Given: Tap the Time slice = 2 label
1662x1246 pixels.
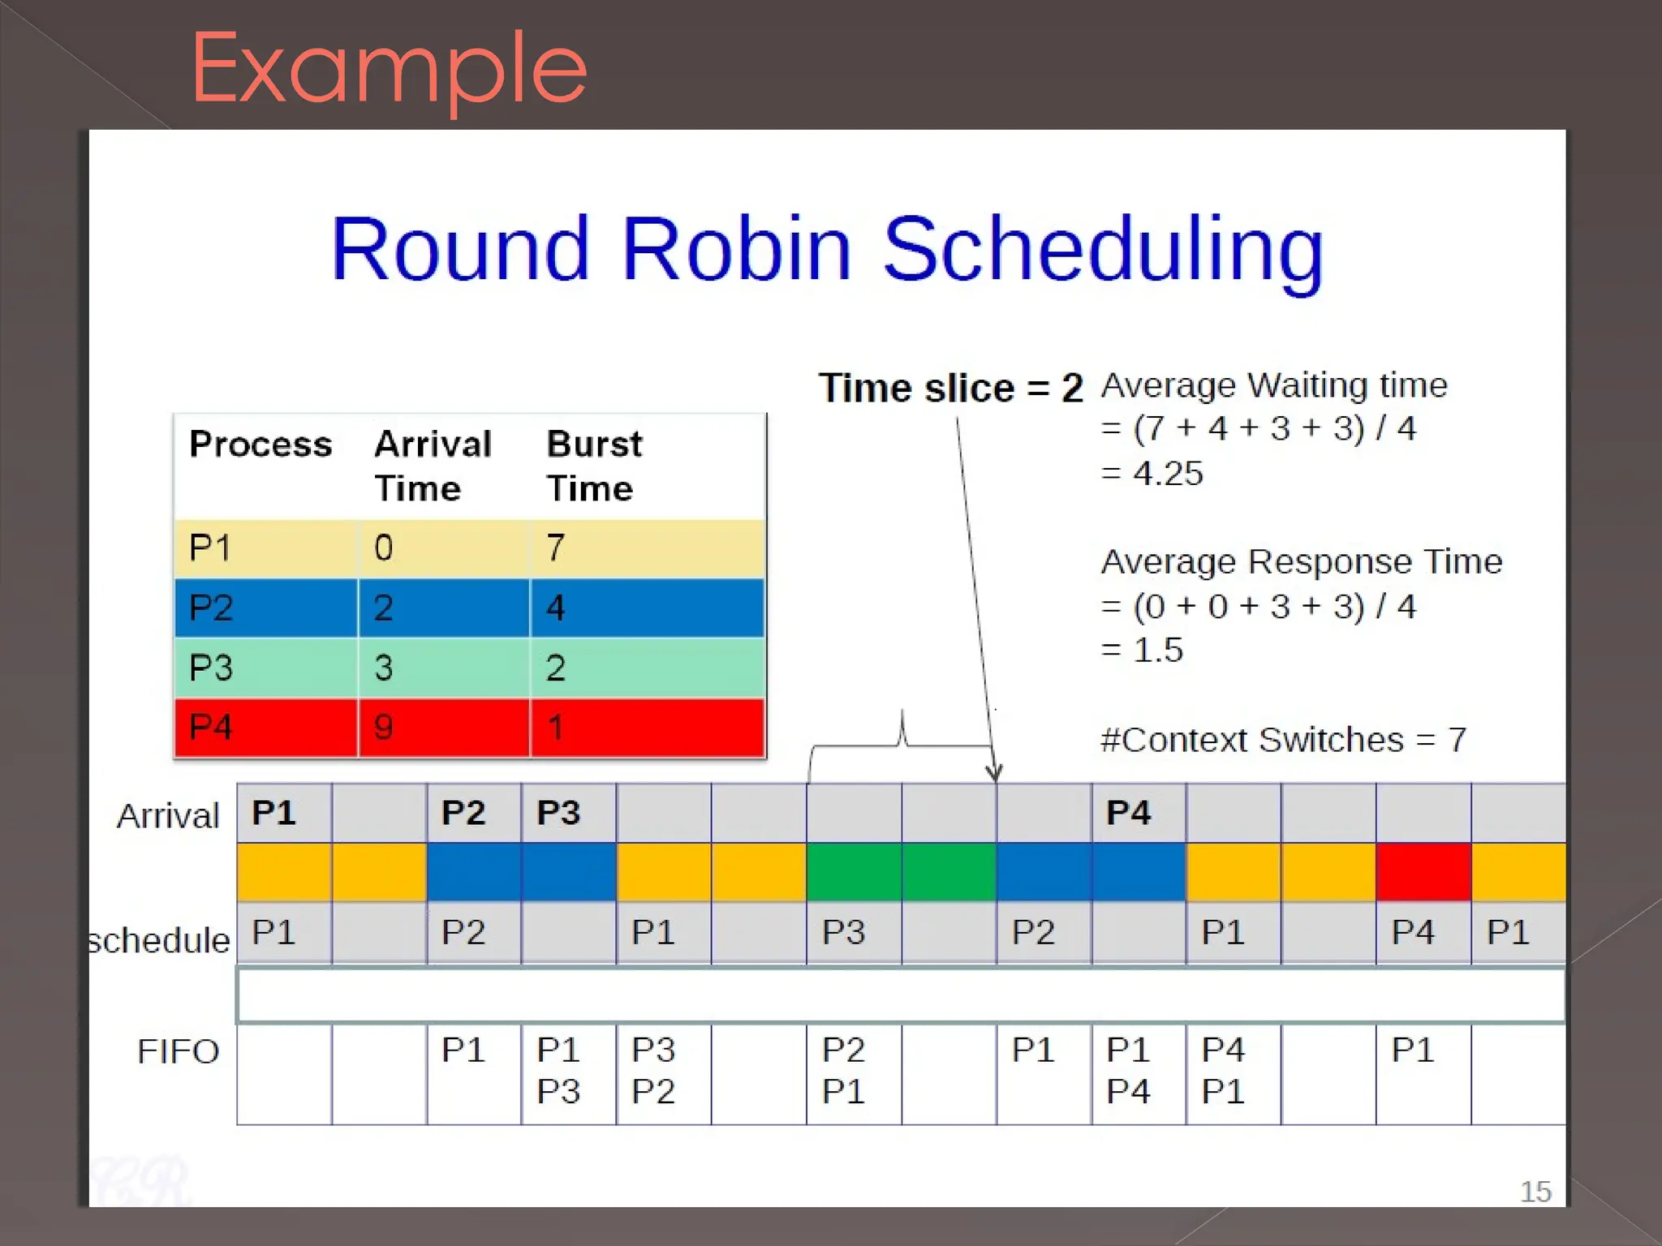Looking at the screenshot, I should coord(950,388).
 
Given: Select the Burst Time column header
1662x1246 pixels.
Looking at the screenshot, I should coord(594,466).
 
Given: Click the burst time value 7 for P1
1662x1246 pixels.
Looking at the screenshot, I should coord(555,548).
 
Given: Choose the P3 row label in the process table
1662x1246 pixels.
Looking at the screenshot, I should coord(211,668).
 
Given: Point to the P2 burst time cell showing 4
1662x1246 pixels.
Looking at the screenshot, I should coord(555,608).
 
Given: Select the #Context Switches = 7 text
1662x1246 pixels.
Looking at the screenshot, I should coord(1283,740).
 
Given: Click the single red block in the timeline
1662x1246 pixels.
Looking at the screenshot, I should coord(1423,872).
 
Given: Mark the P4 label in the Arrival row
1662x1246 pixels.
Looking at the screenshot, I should coord(1128,813).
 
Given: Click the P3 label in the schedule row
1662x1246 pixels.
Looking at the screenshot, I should coord(843,932).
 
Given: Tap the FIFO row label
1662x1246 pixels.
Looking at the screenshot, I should coord(178,1051).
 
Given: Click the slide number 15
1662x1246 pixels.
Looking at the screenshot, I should coord(1535,1192).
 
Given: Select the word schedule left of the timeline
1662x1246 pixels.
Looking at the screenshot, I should coord(159,940).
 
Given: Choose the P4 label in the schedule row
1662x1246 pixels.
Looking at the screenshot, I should coord(1413,932).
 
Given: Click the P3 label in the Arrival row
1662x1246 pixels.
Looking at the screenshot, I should coord(558,813).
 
